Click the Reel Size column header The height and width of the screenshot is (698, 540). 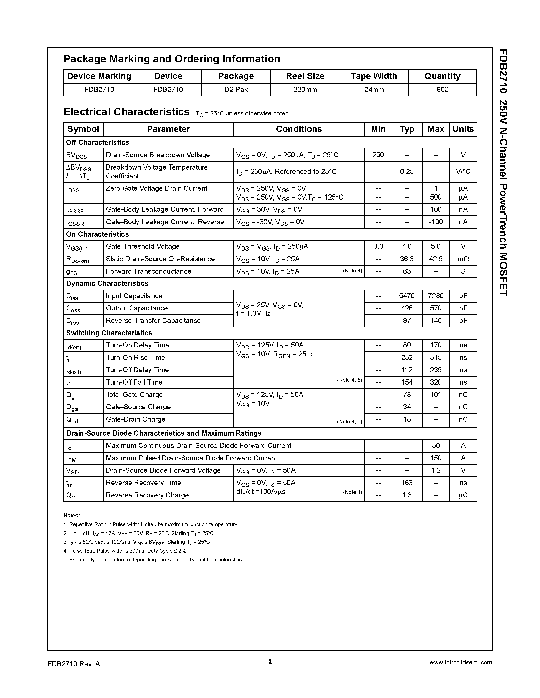click(305, 76)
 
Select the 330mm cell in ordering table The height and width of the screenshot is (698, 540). click(305, 90)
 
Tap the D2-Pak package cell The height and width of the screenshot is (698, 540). click(236, 90)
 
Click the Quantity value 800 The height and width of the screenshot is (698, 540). click(442, 90)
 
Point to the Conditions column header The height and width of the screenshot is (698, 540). click(299, 129)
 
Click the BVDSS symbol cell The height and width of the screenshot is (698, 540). click(76, 155)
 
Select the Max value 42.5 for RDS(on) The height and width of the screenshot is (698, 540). click(436, 259)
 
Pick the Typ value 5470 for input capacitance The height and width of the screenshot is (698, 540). click(407, 296)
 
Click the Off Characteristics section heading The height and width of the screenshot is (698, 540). click(97, 143)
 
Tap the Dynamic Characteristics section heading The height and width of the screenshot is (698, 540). click(107, 284)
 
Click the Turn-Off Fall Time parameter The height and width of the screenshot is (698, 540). click(134, 382)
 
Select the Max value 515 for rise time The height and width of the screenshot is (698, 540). click(436, 358)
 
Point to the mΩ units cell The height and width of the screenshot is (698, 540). click(463, 259)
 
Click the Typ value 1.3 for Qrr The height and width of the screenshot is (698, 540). click(407, 495)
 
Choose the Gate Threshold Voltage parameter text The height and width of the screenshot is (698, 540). click(142, 246)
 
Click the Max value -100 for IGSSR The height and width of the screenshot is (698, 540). click(436, 222)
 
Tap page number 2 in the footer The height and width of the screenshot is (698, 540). click(270, 662)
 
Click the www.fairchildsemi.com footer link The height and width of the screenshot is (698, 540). click(460, 662)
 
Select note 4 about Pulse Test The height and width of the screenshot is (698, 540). click(125, 551)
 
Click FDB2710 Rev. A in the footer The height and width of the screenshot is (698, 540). click(74, 664)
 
